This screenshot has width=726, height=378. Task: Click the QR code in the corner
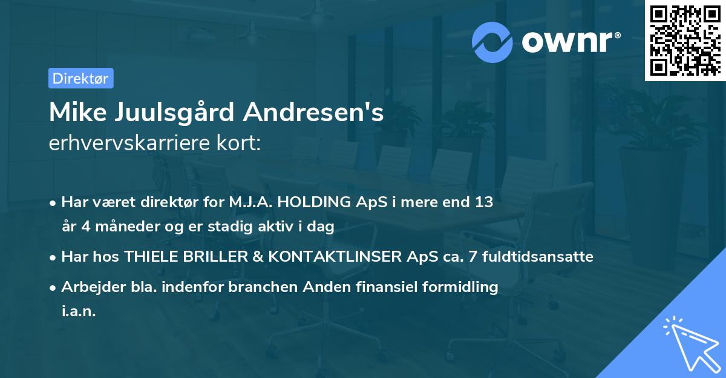coord(685,41)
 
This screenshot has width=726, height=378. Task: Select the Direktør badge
coord(80,78)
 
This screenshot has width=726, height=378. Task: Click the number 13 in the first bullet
coord(483,202)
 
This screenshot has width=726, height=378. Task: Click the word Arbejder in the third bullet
coord(88,287)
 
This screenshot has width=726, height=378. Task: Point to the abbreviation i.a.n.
coord(79,311)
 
